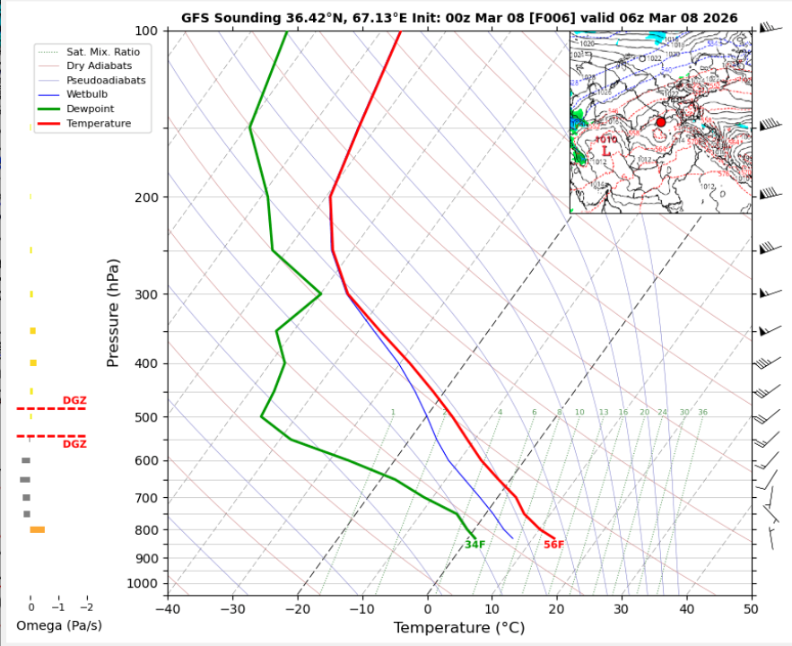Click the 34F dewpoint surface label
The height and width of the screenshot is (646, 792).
tap(474, 545)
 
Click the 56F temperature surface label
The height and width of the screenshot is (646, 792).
tap(553, 545)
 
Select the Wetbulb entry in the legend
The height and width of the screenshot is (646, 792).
tap(86, 94)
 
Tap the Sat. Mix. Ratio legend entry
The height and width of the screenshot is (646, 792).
tap(103, 51)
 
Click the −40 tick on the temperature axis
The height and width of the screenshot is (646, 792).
tap(168, 609)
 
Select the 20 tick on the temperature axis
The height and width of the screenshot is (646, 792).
tap(556, 609)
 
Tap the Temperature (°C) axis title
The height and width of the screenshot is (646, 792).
tap(458, 628)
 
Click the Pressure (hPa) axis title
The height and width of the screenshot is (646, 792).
tap(113, 313)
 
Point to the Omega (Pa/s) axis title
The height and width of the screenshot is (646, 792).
tap(59, 625)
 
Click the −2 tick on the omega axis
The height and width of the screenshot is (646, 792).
tap(86, 607)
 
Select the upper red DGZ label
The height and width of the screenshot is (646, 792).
tap(74, 400)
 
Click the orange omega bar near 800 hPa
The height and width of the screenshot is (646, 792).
tap(37, 529)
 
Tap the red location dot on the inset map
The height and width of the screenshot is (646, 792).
tap(661, 122)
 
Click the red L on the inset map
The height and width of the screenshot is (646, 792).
tap(606, 152)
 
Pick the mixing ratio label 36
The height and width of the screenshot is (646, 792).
tap(703, 413)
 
